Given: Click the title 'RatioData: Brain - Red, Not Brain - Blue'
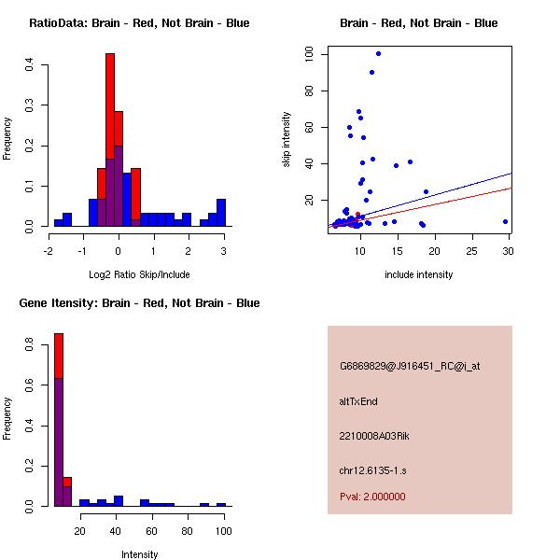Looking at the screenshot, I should click(139, 23).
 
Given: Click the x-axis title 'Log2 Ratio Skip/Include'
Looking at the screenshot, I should click(139, 274).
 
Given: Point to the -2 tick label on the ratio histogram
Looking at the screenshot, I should click(49, 250).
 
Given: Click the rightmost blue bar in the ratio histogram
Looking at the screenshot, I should click(221, 213).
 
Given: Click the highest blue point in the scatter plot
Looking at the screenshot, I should click(378, 53).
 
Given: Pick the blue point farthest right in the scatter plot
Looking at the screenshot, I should click(505, 222).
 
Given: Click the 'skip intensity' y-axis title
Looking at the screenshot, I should click(287, 140).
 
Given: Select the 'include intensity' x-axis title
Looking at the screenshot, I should click(418, 274).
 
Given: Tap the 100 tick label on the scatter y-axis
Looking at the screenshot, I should click(309, 55).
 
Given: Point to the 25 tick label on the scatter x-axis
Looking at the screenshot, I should click(472, 250).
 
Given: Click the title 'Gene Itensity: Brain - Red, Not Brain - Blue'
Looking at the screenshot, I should click(139, 303).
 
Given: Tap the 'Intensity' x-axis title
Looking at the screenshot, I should click(139, 554).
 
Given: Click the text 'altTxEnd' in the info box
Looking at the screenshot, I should click(358, 401).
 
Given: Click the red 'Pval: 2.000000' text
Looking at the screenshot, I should click(372, 497).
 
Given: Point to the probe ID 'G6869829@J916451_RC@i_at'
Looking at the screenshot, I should click(410, 367).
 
